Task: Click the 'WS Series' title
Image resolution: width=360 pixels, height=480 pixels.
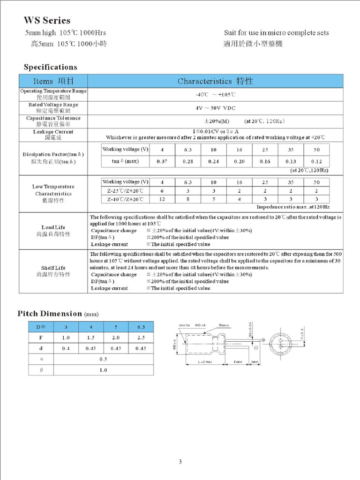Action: tap(47, 21)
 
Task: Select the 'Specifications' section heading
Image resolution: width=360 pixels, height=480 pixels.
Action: tap(50, 67)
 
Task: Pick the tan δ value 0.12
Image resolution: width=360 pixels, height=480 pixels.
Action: tap(316, 161)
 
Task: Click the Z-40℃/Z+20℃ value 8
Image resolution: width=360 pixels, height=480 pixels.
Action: tap(188, 199)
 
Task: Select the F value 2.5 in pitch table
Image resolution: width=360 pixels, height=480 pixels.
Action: tap(141, 337)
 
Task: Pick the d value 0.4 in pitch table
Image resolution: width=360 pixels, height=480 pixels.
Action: tap(66, 348)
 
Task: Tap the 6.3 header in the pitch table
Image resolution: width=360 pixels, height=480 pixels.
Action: tap(141, 326)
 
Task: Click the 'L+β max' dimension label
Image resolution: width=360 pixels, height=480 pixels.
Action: tap(204, 362)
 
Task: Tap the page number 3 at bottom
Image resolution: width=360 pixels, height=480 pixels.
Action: tap(180, 462)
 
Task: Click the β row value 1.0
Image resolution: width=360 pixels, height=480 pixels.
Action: tap(103, 370)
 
